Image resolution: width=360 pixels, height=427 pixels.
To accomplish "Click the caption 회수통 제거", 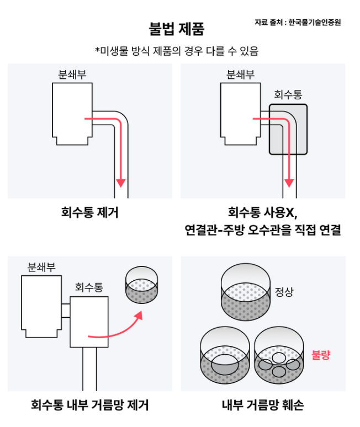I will [89, 212].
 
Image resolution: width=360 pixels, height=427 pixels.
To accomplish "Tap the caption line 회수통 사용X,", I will [263, 212].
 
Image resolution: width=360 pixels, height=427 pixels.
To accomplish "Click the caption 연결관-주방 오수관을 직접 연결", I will [263, 230].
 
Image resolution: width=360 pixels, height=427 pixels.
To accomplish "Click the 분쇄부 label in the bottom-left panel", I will [41, 268].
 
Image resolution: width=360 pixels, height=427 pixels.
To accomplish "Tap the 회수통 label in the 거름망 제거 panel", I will [89, 287].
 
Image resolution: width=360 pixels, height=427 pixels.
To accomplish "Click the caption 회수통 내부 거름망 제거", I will [89, 405].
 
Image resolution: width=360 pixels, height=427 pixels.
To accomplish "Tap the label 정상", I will [284, 291].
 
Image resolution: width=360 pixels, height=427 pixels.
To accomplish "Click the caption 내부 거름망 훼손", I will [263, 405].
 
